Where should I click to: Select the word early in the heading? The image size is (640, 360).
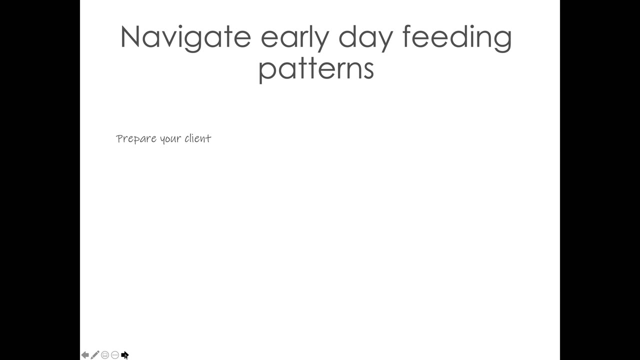295,38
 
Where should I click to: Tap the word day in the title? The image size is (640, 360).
366,38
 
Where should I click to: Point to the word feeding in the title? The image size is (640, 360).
457,38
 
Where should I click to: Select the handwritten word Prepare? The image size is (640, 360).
136,139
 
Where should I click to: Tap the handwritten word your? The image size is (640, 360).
170,139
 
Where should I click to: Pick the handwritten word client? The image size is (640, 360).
198,138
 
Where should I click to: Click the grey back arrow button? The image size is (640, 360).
85,355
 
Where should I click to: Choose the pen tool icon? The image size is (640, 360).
95,355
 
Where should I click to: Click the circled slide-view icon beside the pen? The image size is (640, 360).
105,355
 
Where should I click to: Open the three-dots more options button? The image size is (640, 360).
115,355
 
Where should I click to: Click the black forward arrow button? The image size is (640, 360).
125,355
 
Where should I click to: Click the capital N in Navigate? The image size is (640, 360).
130,36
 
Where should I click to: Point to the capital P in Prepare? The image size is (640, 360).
119,139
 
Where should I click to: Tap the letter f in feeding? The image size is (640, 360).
407,36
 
